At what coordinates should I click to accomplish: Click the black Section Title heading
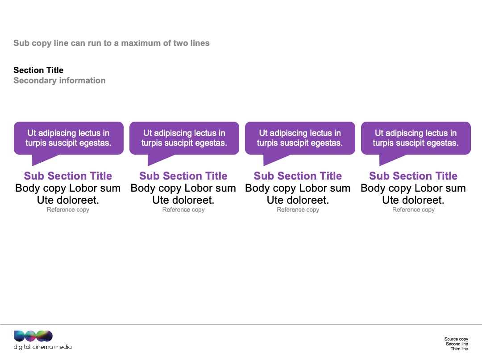(38, 70)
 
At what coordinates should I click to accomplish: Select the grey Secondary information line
(59, 80)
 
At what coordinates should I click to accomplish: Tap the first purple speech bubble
(69, 138)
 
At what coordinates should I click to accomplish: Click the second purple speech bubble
(184, 138)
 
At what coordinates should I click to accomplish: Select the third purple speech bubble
(300, 138)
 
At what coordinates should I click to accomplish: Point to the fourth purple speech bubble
(416, 138)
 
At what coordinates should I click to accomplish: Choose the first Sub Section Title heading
(68, 176)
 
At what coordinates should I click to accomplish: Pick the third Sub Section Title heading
(298, 176)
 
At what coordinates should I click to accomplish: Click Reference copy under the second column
(183, 209)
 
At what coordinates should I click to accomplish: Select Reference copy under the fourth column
(413, 209)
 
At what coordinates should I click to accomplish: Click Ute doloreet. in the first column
(68, 200)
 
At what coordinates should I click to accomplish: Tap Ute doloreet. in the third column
(298, 200)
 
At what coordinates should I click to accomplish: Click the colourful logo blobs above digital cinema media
(33, 336)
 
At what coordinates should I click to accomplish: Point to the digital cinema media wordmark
(43, 347)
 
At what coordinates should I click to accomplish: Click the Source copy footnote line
(456, 339)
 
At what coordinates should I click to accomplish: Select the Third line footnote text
(459, 349)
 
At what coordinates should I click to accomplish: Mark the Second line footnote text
(457, 344)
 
